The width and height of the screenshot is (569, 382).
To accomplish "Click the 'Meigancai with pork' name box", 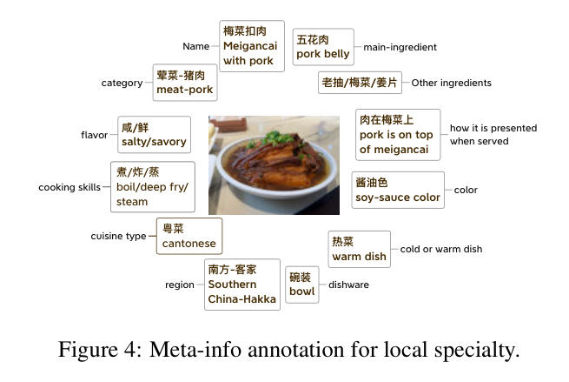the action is pyautogui.click(x=252, y=46).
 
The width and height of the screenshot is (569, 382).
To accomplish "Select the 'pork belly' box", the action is pyautogui.click(x=323, y=47).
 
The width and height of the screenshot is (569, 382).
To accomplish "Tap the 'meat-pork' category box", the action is pyautogui.click(x=185, y=83).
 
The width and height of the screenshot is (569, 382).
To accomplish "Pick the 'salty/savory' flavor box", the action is pyautogui.click(x=154, y=135).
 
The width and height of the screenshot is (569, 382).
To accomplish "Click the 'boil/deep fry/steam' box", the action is pyautogui.click(x=152, y=187).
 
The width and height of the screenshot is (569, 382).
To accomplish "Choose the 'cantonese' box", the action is pyautogui.click(x=189, y=236).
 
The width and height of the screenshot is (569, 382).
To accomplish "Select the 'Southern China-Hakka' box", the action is pyautogui.click(x=242, y=285).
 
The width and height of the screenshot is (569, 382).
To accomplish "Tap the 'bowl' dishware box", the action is pyautogui.click(x=302, y=285).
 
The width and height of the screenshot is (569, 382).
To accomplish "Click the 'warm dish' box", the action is pyautogui.click(x=360, y=250).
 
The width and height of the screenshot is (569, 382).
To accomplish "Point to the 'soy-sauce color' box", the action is pyautogui.click(x=398, y=190).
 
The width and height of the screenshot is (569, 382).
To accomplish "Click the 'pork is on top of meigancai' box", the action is pyautogui.click(x=398, y=135).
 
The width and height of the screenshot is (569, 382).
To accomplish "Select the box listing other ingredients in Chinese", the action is pyautogui.click(x=360, y=83).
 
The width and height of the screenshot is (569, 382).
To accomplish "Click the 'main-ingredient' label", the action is pyautogui.click(x=400, y=47).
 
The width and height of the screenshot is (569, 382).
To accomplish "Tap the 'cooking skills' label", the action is pyautogui.click(x=69, y=187).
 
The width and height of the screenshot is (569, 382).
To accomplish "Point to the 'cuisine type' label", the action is pyautogui.click(x=118, y=237).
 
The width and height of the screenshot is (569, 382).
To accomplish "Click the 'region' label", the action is pyautogui.click(x=180, y=285).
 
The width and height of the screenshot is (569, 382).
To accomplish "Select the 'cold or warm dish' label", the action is pyautogui.click(x=441, y=249).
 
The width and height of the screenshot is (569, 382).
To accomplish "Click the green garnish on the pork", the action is pyautogui.click(x=278, y=137).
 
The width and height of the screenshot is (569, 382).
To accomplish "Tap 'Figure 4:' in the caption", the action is pyautogui.click(x=100, y=351).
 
